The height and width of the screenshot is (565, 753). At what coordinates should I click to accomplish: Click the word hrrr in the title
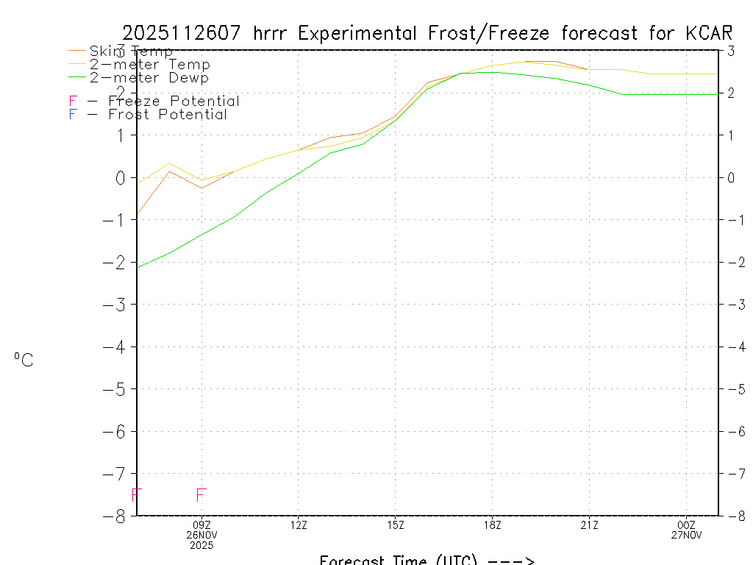[x=274, y=34]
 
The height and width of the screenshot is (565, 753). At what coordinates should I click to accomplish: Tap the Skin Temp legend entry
[x=131, y=51]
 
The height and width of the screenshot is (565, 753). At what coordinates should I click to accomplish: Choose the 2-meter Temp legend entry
[x=149, y=65]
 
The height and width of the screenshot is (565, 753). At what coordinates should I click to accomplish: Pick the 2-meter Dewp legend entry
[x=149, y=78]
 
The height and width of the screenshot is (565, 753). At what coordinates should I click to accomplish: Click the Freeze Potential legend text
[x=174, y=102]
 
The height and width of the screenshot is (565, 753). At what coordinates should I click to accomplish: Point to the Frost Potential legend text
[x=168, y=115]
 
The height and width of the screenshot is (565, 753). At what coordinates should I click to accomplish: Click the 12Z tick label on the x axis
[x=298, y=525]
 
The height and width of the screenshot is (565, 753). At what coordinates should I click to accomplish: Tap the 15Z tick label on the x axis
[x=395, y=525]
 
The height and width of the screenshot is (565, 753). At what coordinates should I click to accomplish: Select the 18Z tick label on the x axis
[x=492, y=525]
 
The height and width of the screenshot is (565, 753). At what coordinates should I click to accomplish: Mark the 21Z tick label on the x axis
[x=589, y=525]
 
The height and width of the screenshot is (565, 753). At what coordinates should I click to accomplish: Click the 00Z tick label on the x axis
[x=687, y=525]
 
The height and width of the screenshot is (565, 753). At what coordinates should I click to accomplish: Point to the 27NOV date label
[x=687, y=536]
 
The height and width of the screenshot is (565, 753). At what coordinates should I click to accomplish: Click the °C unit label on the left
[x=24, y=360]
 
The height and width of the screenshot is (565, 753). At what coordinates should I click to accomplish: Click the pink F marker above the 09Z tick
[x=201, y=495]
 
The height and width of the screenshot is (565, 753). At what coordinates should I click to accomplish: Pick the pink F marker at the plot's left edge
[x=136, y=495]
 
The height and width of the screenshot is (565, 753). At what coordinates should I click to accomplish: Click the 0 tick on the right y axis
[x=732, y=177]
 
